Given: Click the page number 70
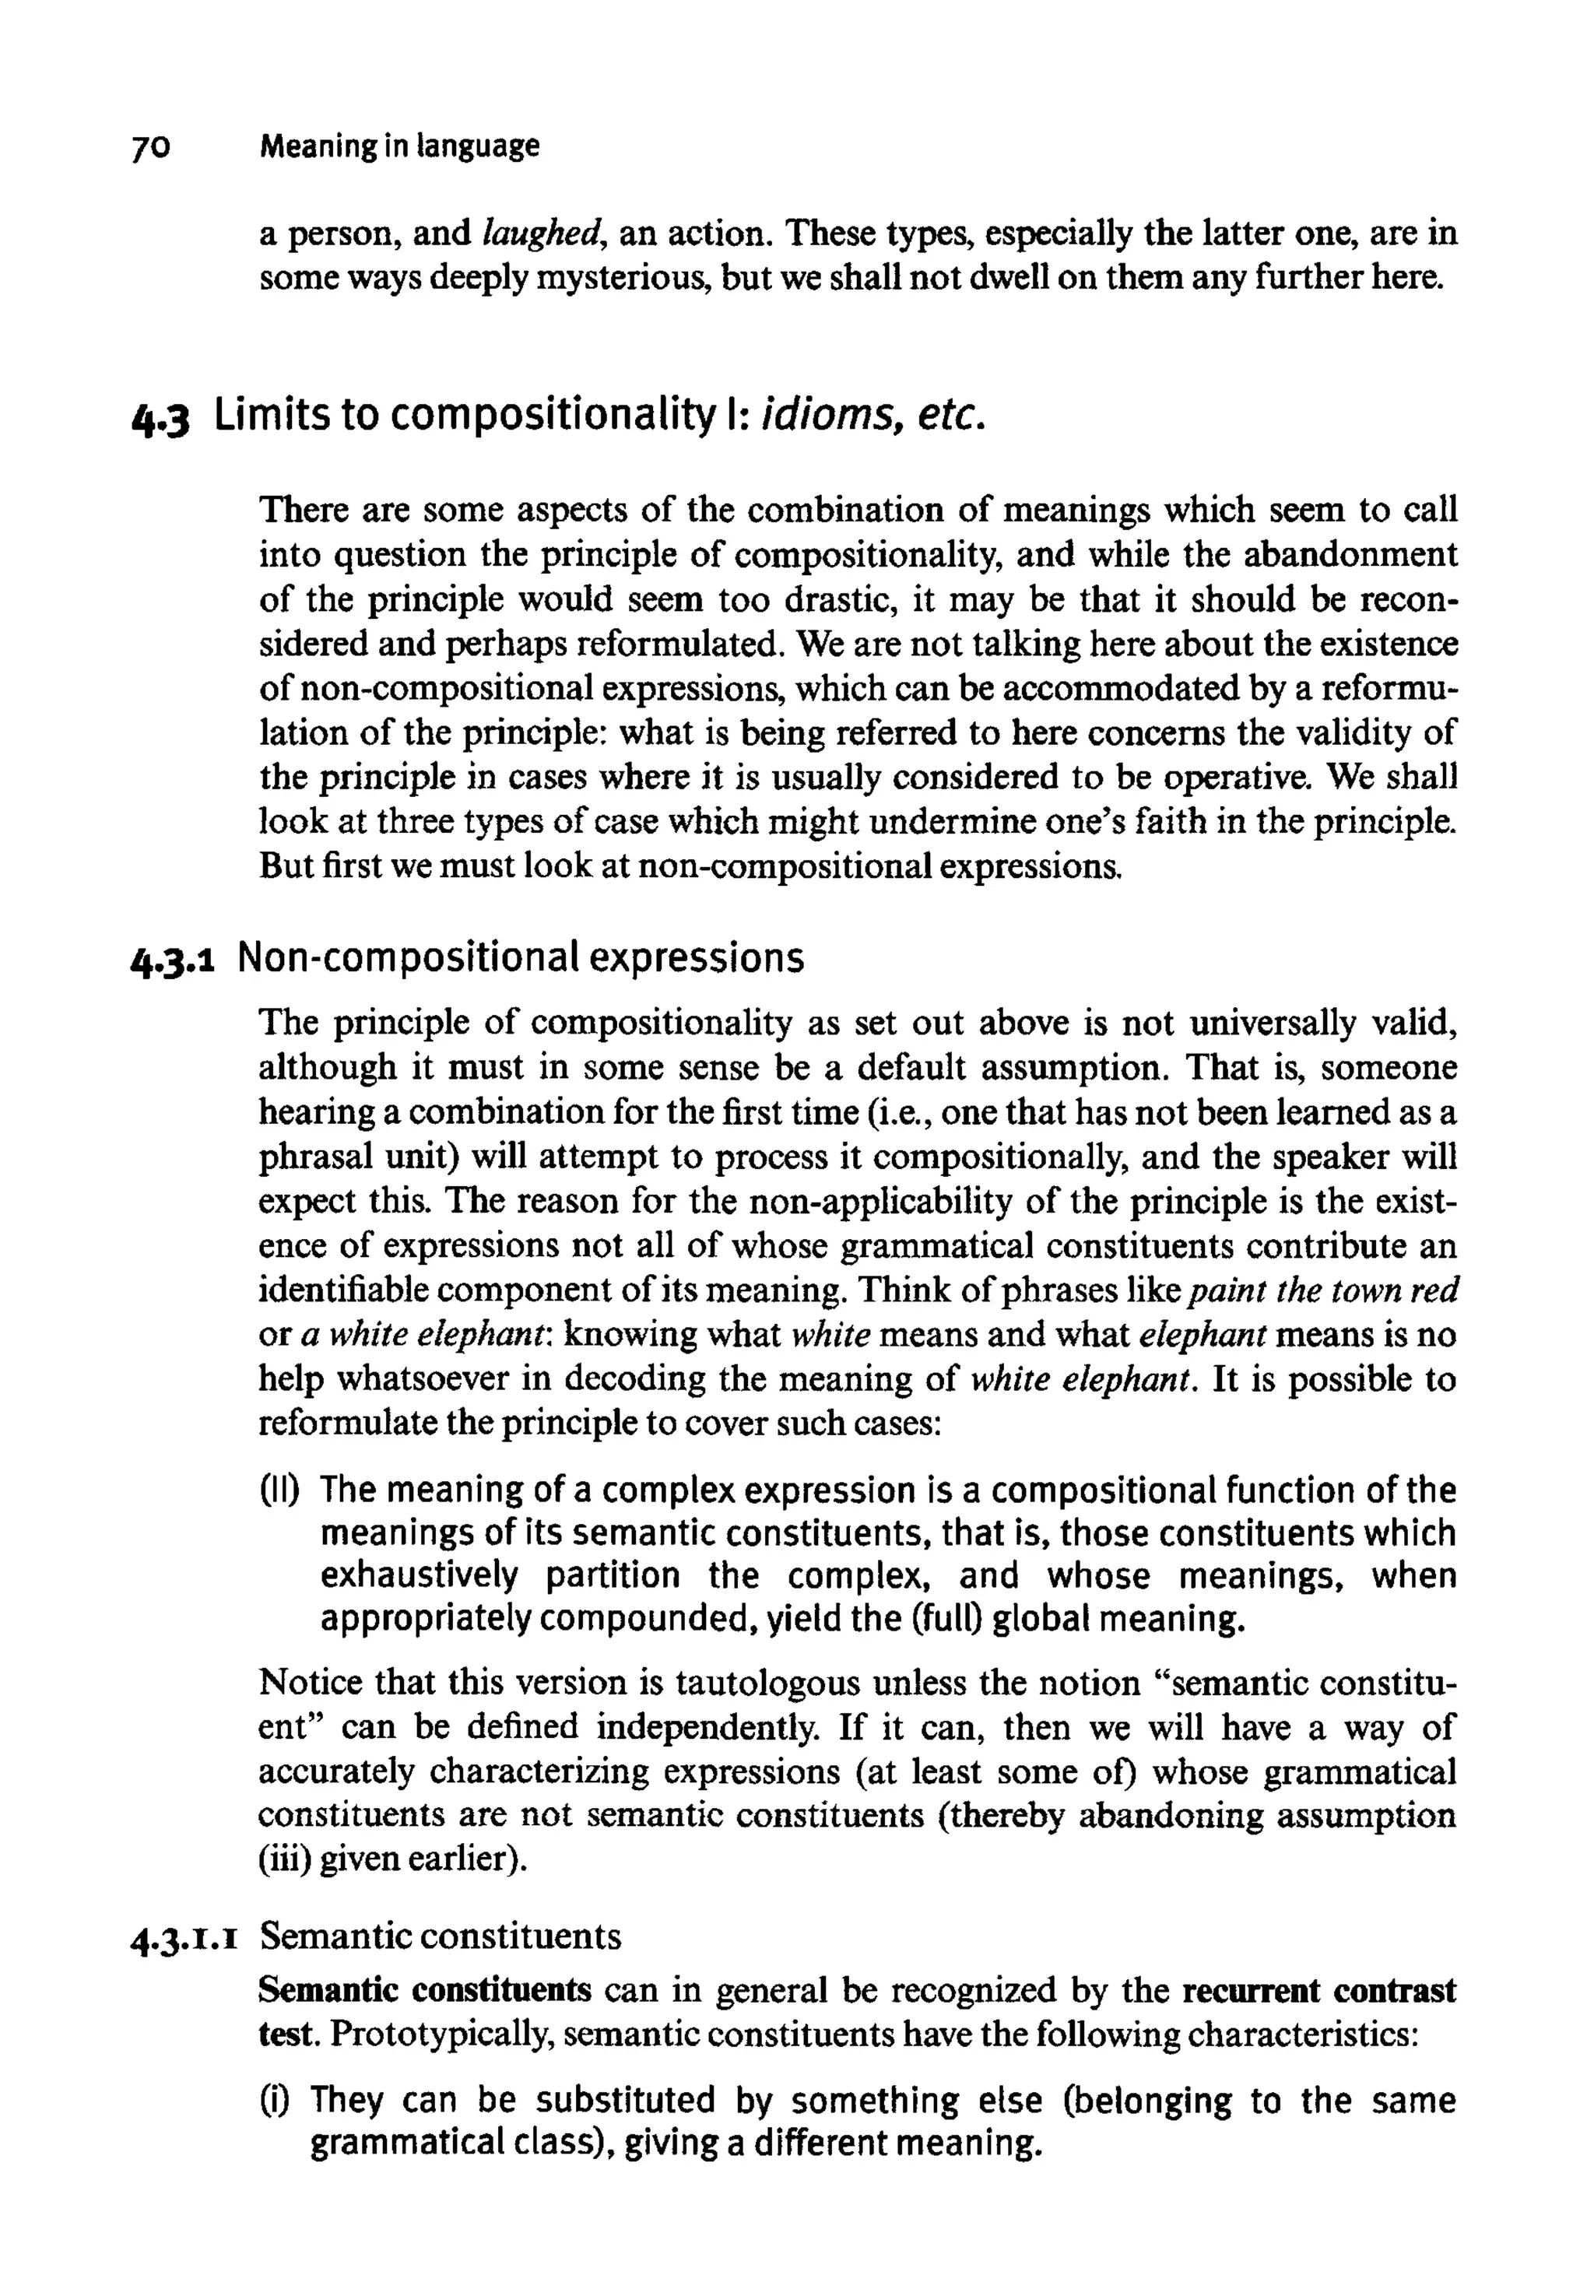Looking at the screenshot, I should click(151, 148).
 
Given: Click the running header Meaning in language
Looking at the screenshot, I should click(398, 147).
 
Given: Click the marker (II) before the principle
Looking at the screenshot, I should click(286, 1490).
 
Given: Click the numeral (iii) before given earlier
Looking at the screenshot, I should click(283, 1859).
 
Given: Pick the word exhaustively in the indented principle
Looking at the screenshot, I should click(420, 1576).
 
